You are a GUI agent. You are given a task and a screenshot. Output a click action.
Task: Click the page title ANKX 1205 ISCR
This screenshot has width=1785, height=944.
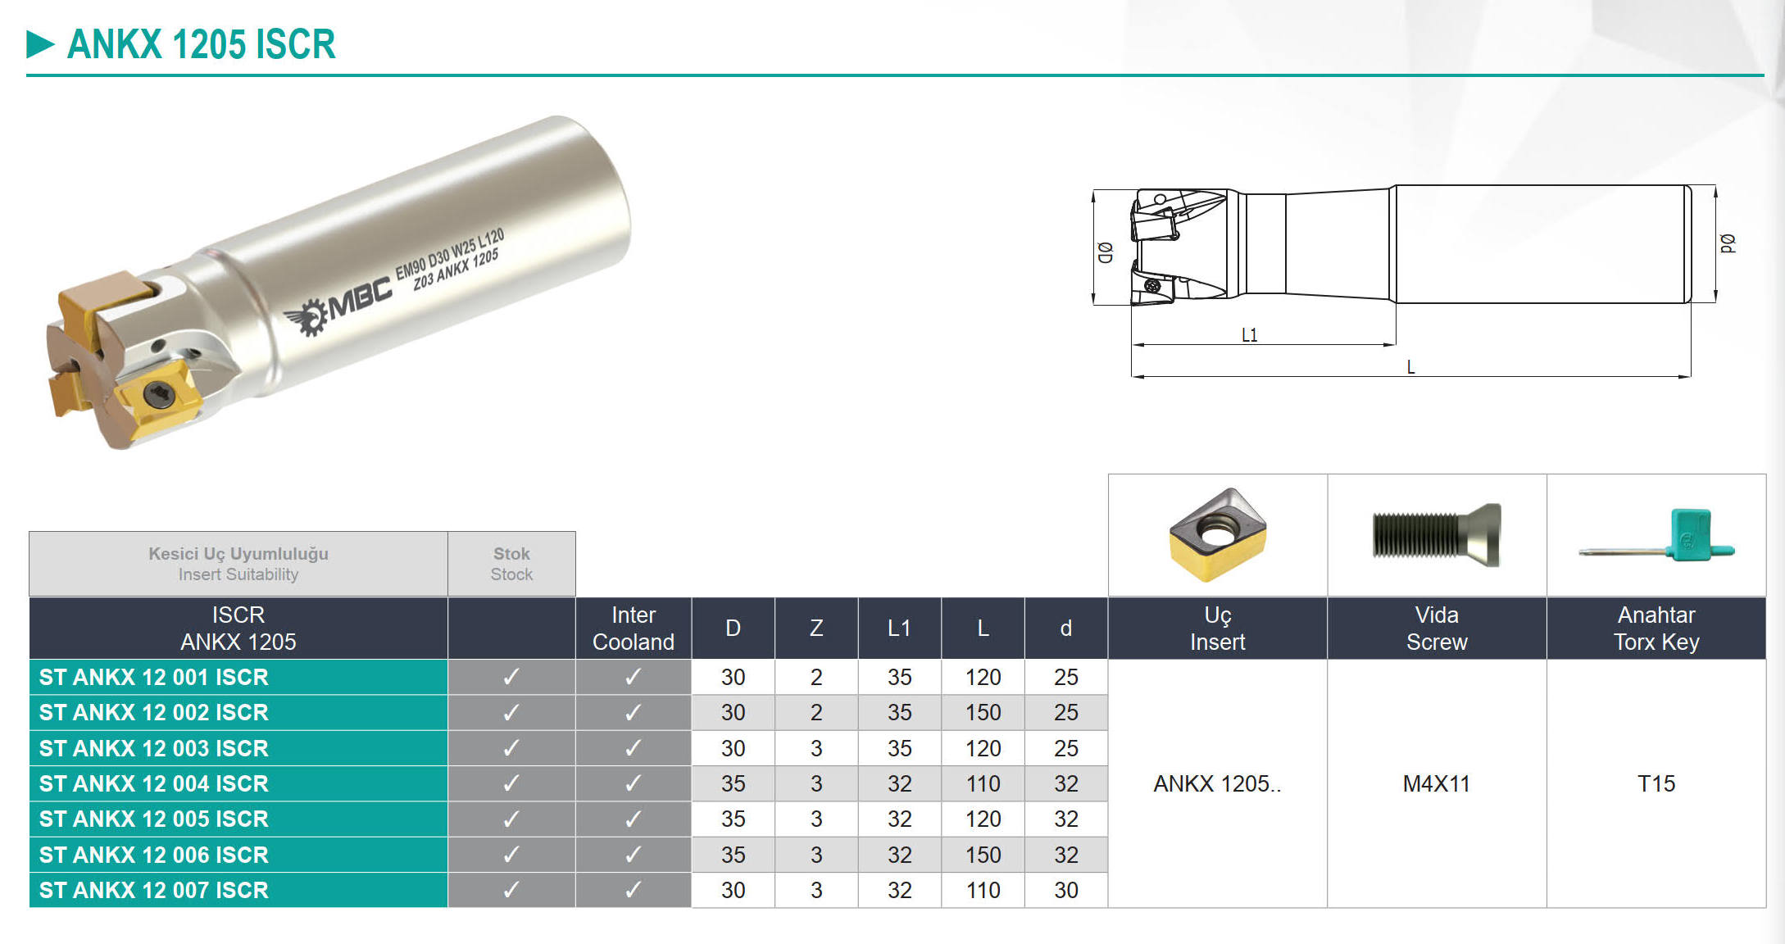click(201, 44)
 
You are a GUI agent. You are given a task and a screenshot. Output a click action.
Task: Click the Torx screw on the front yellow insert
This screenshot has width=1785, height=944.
click(158, 397)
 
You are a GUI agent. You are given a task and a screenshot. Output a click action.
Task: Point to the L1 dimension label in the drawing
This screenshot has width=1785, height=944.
click(1249, 334)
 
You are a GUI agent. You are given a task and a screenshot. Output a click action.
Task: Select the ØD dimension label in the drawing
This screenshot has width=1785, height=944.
click(1105, 252)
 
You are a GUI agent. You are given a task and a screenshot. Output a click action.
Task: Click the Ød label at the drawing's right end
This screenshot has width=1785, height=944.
click(1727, 243)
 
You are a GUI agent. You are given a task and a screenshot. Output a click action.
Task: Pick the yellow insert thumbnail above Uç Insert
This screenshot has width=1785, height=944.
click(1218, 534)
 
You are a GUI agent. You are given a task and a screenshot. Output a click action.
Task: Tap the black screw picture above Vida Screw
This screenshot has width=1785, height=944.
click(1437, 535)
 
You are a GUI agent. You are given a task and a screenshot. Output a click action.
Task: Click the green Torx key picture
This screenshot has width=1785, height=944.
click(1657, 537)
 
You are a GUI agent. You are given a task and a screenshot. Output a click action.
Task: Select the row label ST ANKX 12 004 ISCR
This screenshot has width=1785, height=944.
click(154, 783)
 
